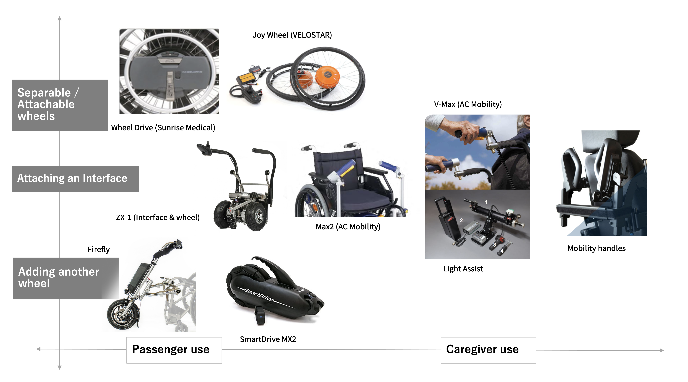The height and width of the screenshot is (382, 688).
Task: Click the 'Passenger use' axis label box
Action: (x=174, y=350)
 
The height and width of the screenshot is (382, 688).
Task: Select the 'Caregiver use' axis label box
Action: (x=488, y=350)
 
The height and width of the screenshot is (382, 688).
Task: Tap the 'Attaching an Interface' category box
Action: (x=75, y=179)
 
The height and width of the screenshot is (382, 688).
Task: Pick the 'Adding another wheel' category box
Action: (x=66, y=278)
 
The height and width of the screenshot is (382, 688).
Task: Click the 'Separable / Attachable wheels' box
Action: (x=60, y=105)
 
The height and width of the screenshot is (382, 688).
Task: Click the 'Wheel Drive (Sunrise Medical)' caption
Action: (x=163, y=128)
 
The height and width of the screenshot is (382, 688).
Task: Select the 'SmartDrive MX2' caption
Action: (x=268, y=339)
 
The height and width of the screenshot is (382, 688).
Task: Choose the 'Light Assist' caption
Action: (x=463, y=269)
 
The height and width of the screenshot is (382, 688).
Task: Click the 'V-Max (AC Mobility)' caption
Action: (x=468, y=104)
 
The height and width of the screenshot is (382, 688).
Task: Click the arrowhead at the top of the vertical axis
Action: (x=60, y=18)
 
